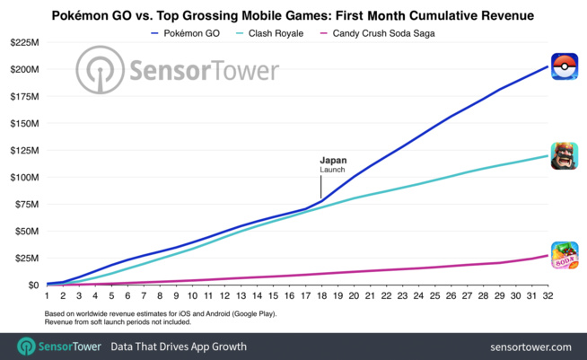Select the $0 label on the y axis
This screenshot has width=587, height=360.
pos(32,285)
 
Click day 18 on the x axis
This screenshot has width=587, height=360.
pos(321,295)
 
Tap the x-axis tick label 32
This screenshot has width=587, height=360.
pos(548,295)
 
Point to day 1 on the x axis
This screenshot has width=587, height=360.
pos(47,295)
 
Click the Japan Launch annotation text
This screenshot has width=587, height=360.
pos(333,165)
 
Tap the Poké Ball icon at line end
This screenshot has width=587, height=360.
pos(564,67)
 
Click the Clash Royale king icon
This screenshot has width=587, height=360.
pos(564,156)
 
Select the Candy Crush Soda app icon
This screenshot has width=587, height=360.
pos(564,256)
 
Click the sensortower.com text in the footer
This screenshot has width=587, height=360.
pos(531,346)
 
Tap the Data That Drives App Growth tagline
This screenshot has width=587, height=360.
pos(178,346)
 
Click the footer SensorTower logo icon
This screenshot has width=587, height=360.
pos(26,345)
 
